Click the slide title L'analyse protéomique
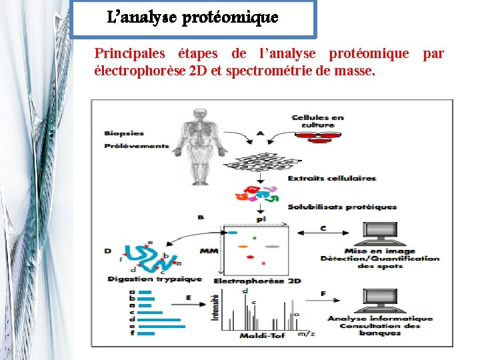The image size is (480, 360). (192, 18)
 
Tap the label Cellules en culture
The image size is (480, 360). (317, 121)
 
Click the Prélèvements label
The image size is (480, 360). (136, 145)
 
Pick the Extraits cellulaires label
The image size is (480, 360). (331, 178)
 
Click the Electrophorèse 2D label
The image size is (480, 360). (257, 281)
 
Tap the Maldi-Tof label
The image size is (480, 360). (262, 335)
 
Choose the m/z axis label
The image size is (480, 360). (306, 333)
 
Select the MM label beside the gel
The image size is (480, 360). (208, 251)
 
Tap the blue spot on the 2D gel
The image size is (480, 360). (233, 233)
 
